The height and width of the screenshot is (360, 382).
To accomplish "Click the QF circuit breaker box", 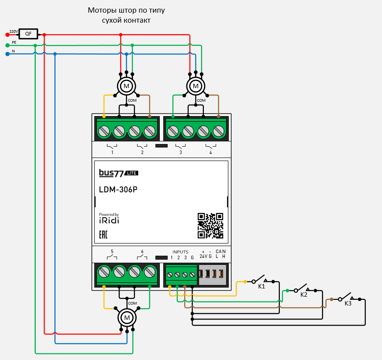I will pyautogui.click(x=28, y=34).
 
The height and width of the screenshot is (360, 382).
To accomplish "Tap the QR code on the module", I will pyautogui.click(x=210, y=226).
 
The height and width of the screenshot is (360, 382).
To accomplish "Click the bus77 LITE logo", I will pyautogui.click(x=118, y=173).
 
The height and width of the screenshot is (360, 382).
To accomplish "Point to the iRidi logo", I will pyautogui.click(x=109, y=220).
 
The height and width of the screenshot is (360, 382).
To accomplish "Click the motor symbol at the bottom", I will pyautogui.click(x=127, y=316).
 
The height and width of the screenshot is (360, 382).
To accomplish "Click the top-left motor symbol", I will pyautogui.click(x=127, y=86).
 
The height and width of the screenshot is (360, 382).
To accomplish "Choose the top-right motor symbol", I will pyautogui.click(x=196, y=86).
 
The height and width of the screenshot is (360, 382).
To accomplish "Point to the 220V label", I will pyautogui.click(x=14, y=31).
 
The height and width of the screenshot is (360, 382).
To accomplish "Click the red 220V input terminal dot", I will pyautogui.click(x=7, y=34).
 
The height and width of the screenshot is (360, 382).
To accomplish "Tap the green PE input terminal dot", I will pyautogui.click(x=7, y=45).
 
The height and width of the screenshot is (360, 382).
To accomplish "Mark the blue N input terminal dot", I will pyautogui.click(x=7, y=54).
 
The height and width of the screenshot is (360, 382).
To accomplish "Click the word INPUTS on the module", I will pyautogui.click(x=180, y=252).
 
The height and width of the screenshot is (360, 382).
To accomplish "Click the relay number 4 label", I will pyautogui.click(x=210, y=153).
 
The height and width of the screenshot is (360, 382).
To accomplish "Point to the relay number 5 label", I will pyautogui.click(x=112, y=252).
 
